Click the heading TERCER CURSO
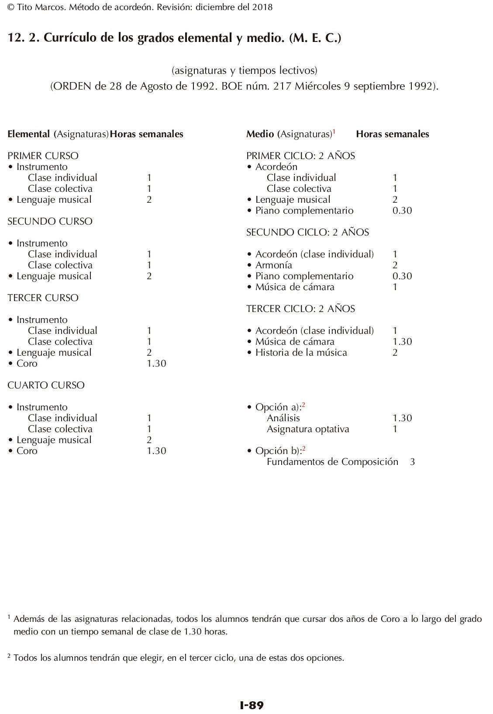click(x=43, y=298)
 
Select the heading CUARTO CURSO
click(x=46, y=385)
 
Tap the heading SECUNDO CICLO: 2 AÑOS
click(x=307, y=232)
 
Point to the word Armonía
click(x=274, y=265)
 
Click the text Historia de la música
click(x=301, y=353)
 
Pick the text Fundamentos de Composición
click(x=332, y=462)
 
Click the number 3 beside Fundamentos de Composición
click(x=413, y=462)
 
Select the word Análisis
click(x=283, y=418)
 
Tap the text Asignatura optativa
click(x=308, y=429)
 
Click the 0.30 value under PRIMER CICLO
click(x=402, y=211)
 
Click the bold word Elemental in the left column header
click(x=28, y=134)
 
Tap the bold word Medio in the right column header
click(x=260, y=134)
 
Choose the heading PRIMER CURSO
click(x=43, y=156)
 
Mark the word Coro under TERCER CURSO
click(x=27, y=364)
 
